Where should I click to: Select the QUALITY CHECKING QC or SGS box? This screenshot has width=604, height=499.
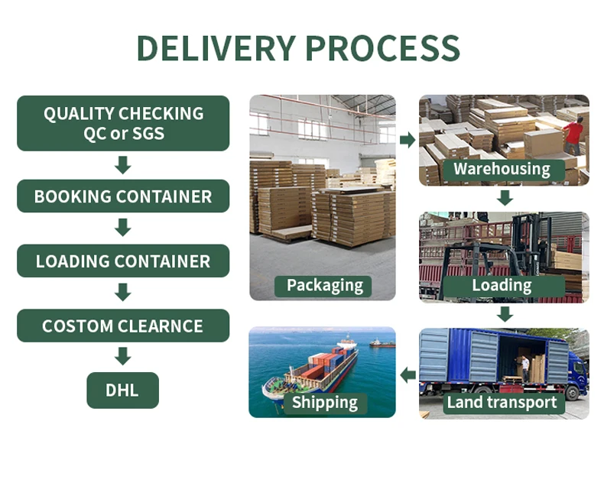coord(123,123)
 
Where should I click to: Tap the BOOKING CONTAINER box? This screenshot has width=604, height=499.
coord(123,196)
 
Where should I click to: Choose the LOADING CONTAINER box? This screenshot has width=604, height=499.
coord(123,261)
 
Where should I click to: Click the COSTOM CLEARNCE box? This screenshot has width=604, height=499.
coord(123,326)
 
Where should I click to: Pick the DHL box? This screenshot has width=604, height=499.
coord(122,390)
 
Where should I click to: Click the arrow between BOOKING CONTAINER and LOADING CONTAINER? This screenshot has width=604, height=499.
coord(122,228)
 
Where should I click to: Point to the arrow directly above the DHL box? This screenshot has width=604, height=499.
coord(122,356)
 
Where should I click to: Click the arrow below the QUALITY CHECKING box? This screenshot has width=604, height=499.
coord(122,164)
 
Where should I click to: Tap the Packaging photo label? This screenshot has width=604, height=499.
coord(324,286)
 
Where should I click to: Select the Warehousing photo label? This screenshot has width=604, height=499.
coord(502,169)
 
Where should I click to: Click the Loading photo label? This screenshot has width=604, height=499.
coord(502,286)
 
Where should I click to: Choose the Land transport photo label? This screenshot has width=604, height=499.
coord(502,403)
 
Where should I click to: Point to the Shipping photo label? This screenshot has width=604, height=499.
coord(324,403)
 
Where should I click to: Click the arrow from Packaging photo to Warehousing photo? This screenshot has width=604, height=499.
coord(408,140)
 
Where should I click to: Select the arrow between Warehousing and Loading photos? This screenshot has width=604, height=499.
coord(504,199)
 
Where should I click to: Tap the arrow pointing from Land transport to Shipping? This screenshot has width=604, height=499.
coord(408,374)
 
